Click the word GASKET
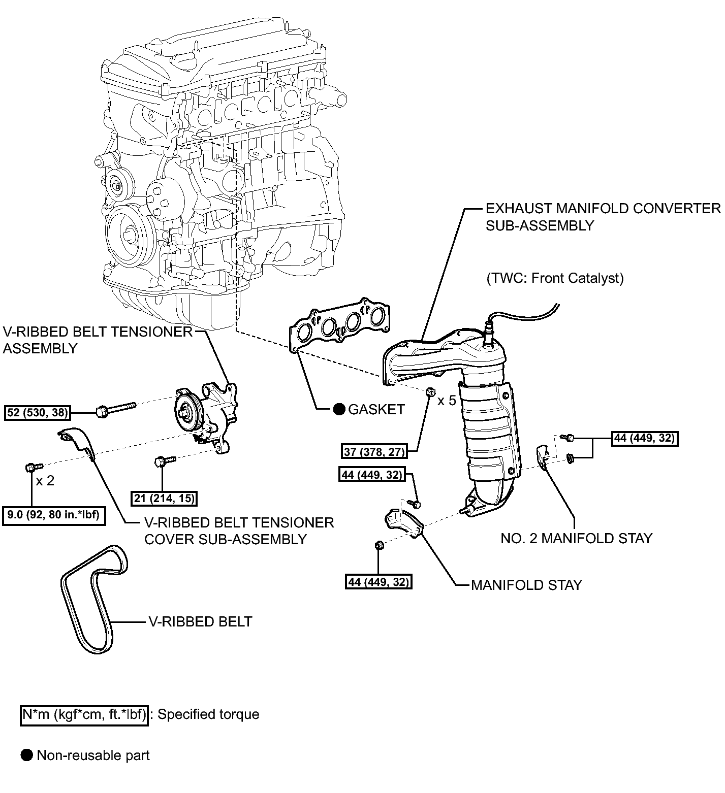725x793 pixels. (x=376, y=409)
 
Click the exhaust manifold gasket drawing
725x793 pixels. (x=339, y=325)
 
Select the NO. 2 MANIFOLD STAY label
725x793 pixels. (x=576, y=538)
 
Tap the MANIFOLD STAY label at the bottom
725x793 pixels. (x=526, y=585)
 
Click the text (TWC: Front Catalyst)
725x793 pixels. (x=555, y=278)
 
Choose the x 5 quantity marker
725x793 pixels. (x=447, y=401)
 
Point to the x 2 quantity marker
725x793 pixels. (x=45, y=480)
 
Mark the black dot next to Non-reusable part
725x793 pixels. (x=27, y=755)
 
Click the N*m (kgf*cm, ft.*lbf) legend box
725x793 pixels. (x=84, y=715)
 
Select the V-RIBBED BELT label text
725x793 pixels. (x=200, y=621)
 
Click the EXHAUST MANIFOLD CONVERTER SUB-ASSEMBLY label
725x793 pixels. (x=603, y=217)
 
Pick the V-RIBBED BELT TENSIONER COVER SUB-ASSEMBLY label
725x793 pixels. (x=239, y=531)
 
